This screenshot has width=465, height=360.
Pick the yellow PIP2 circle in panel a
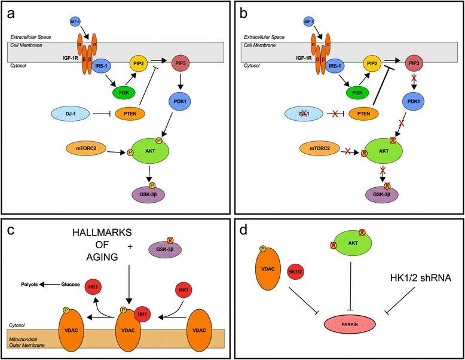[x=139, y=62]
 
